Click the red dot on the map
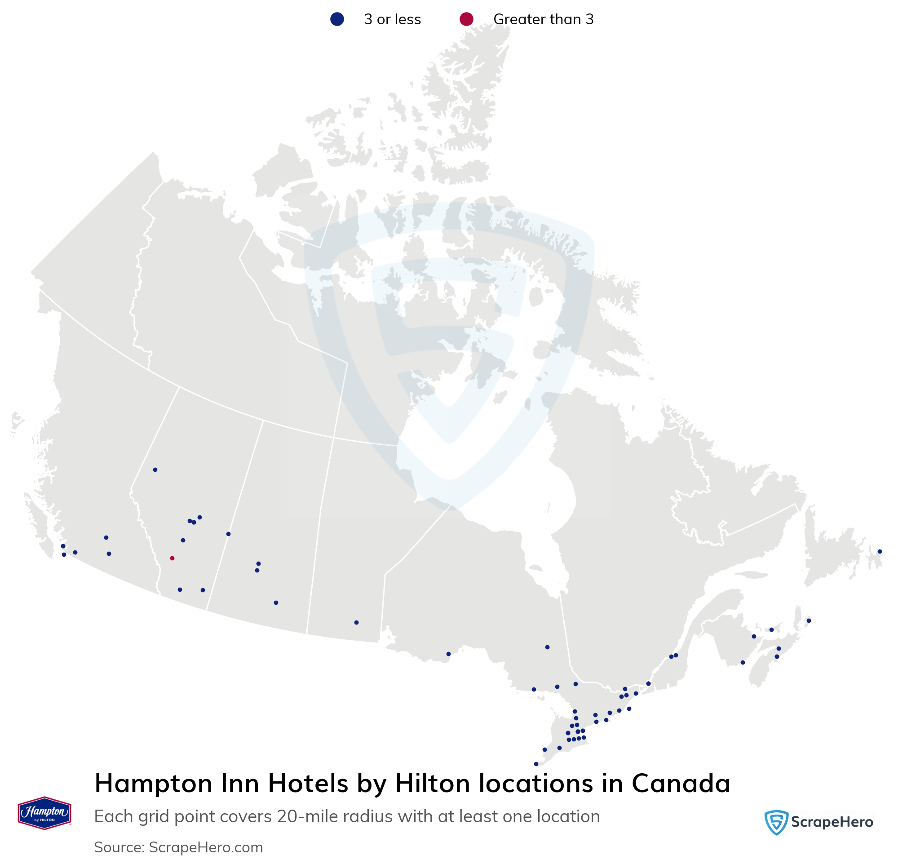pos(173,558)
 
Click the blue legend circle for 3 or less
pos(337,19)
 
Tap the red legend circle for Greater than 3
pos(467,19)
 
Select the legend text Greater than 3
pos(543,19)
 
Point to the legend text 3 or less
pos(392,19)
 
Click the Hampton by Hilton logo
pos(44,813)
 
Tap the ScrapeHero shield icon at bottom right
pos(776,823)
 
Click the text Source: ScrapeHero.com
pos(178,847)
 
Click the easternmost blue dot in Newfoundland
pos(880,552)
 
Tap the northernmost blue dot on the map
pos(155,470)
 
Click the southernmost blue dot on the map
pos(536,764)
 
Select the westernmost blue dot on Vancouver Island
pos(63,546)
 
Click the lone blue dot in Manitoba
pos(356,623)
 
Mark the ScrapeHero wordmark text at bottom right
pos(832,823)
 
